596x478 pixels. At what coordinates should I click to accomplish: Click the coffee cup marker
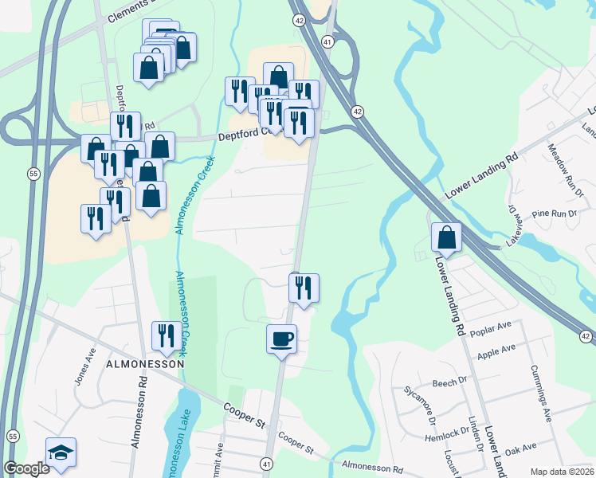click(281, 339)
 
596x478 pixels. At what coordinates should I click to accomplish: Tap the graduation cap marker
click(61, 453)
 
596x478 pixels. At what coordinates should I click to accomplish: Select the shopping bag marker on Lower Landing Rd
click(446, 237)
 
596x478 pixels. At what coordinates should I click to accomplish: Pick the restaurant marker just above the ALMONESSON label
click(166, 336)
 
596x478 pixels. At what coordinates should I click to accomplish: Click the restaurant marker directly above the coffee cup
click(304, 288)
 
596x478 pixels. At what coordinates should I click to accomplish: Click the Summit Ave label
click(218, 460)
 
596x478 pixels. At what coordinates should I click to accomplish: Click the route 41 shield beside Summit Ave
click(266, 463)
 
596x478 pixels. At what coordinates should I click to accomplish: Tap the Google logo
click(26, 468)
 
